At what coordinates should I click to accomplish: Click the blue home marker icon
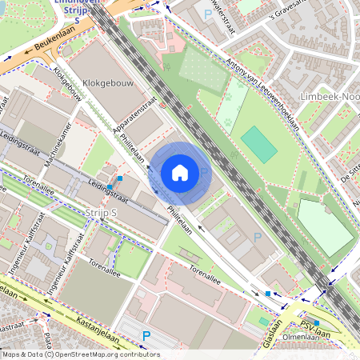click(180, 173)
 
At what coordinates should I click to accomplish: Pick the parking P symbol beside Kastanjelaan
click(146, 335)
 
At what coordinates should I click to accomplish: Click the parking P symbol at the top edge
click(209, 14)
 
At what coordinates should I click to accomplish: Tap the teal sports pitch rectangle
click(258, 144)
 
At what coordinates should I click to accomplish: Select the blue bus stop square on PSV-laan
click(317, 323)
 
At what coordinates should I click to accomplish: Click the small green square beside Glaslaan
click(263, 322)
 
